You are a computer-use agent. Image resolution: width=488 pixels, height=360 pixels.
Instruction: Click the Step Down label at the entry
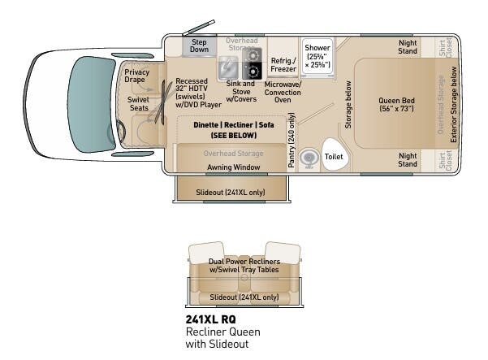[200, 45]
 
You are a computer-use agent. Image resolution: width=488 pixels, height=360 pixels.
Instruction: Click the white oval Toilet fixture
[334, 154]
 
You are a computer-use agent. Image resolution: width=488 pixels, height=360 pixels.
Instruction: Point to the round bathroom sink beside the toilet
[309, 158]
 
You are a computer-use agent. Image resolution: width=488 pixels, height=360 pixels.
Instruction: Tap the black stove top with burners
[252, 63]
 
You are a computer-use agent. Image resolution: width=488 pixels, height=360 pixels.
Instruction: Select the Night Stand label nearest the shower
[408, 46]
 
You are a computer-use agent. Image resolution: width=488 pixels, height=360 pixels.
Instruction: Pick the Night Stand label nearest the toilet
[408, 159]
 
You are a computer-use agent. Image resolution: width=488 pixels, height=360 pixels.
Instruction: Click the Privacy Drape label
[136, 76]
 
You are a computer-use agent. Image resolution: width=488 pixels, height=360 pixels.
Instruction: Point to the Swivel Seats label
[138, 105]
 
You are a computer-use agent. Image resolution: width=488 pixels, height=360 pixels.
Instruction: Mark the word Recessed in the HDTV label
[191, 81]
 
